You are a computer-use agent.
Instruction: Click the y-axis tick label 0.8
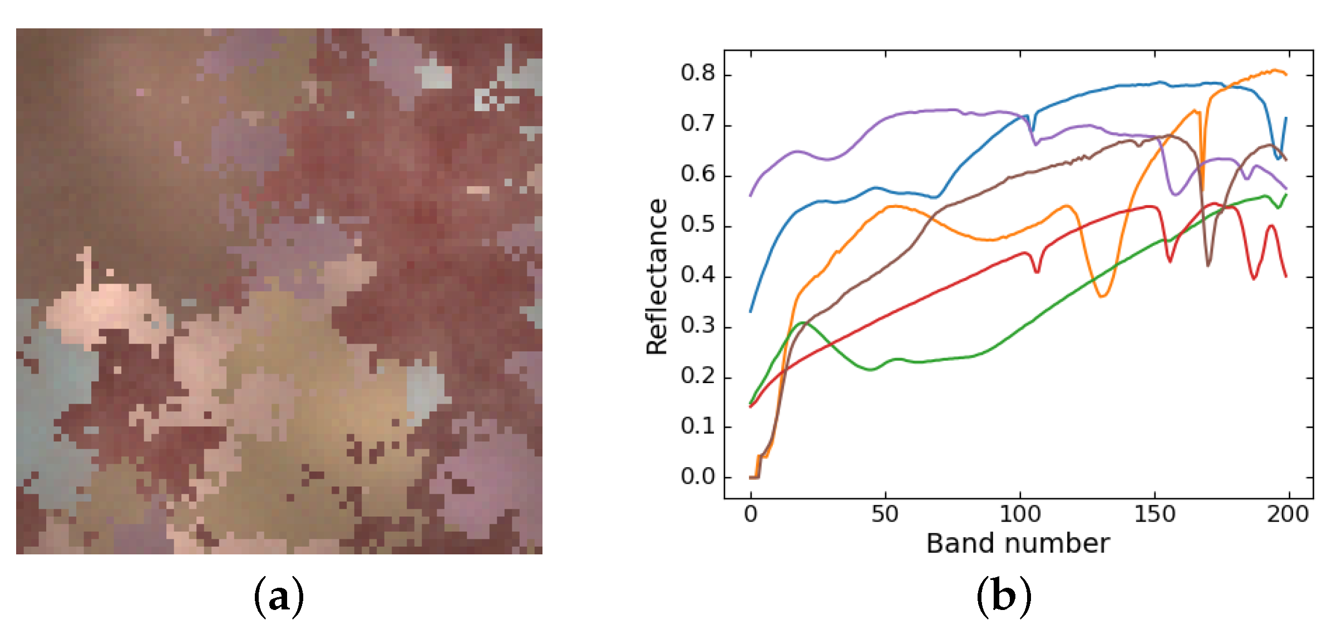point(697,73)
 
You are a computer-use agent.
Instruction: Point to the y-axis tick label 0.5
point(697,225)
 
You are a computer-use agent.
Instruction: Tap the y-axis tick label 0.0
point(697,477)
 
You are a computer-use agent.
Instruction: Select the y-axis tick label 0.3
point(697,325)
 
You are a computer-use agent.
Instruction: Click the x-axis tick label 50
point(885,514)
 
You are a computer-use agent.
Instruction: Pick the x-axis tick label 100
point(1020,514)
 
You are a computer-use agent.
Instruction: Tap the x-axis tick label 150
point(1155,514)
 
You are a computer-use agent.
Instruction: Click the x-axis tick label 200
point(1288,514)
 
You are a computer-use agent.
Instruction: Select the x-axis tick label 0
point(751,514)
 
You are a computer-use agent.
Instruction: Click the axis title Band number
point(1018,544)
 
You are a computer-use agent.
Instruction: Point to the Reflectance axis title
point(657,276)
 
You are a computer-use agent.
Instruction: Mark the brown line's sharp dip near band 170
point(1208,265)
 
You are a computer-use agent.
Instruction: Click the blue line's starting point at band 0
point(751,311)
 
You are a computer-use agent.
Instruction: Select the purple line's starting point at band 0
point(751,196)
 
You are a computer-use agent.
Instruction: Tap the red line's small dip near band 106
point(1037,272)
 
